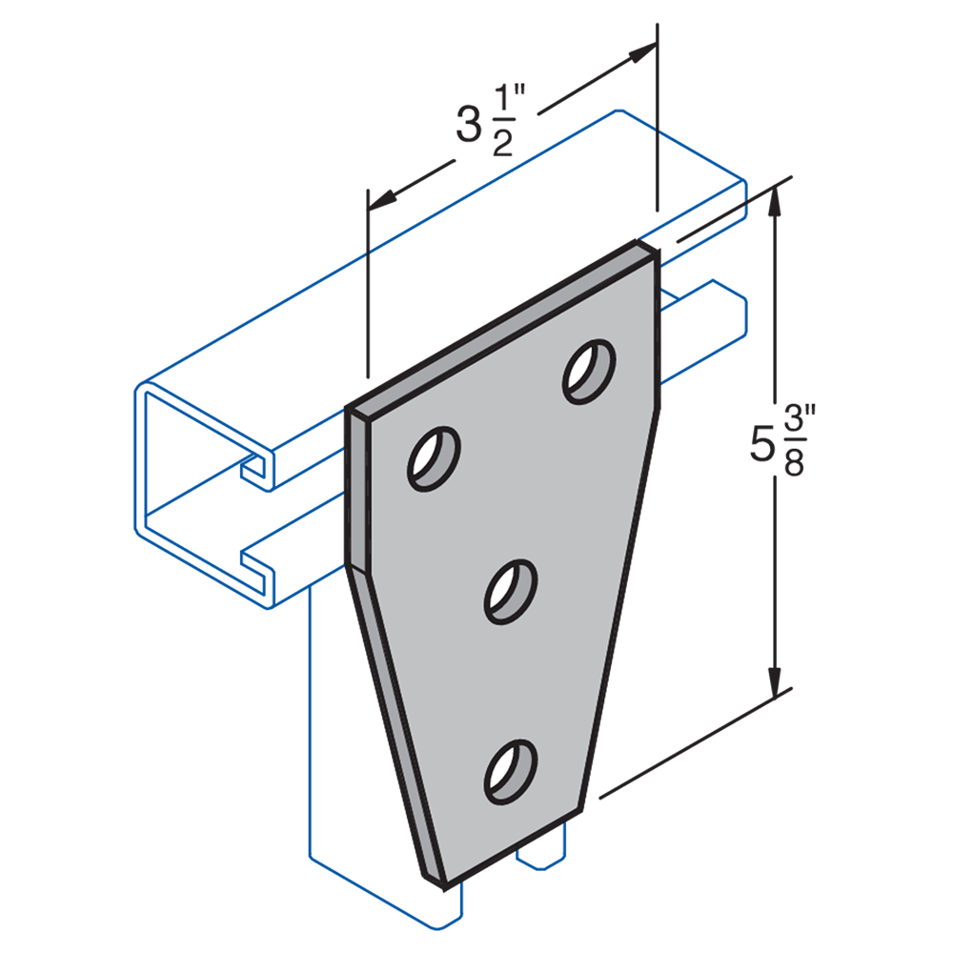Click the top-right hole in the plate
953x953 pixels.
pyautogui.click(x=588, y=371)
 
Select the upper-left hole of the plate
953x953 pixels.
pyautogui.click(x=434, y=457)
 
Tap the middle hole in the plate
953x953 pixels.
pyautogui.click(x=511, y=592)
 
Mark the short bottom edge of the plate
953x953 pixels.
pyautogui.click(x=511, y=844)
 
